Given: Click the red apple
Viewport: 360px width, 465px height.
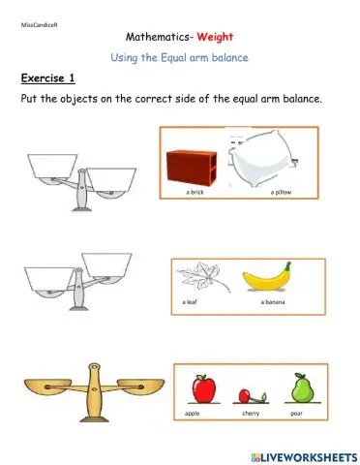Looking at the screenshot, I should click(x=204, y=389).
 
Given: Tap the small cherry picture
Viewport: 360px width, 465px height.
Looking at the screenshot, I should click(x=251, y=395).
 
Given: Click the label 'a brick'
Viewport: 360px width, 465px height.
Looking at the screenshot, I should click(x=195, y=193).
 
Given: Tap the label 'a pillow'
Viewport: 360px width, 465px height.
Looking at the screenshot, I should click(x=282, y=193).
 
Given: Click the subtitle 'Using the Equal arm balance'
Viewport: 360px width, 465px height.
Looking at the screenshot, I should click(x=180, y=57).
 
